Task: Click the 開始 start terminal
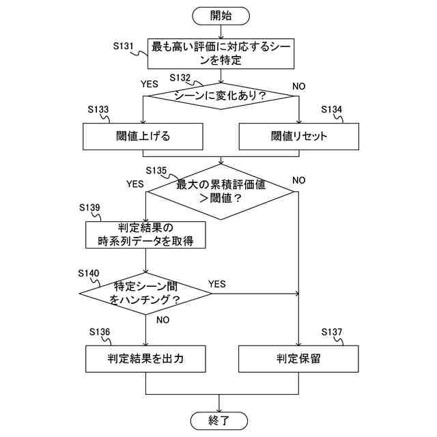click(x=220, y=14)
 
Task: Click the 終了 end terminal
click(x=220, y=419)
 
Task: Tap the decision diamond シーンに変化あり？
click(x=220, y=96)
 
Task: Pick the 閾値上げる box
click(x=143, y=136)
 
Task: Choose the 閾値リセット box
click(x=299, y=136)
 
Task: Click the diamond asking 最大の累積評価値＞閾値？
click(x=220, y=191)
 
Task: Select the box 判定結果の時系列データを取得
click(x=145, y=234)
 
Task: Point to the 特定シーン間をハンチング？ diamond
click(x=145, y=294)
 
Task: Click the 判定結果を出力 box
click(x=145, y=357)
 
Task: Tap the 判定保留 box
click(x=299, y=357)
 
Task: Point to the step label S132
click(x=182, y=78)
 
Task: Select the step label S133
click(x=99, y=109)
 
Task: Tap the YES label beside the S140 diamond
click(x=216, y=283)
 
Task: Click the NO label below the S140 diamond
click(x=163, y=320)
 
